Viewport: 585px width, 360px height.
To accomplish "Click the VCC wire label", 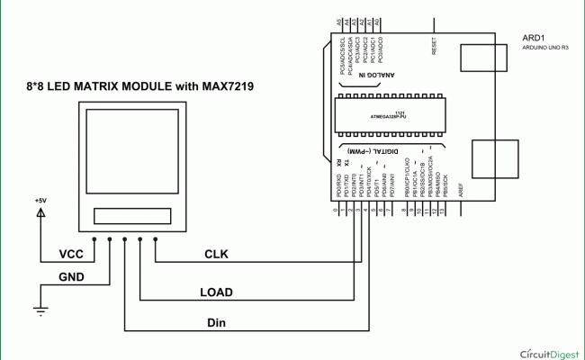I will click(x=72, y=255).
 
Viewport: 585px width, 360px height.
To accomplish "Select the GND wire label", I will click(x=72, y=276).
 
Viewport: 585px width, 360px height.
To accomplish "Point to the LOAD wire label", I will click(x=215, y=292).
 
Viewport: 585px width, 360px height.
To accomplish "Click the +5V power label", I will click(x=40, y=200).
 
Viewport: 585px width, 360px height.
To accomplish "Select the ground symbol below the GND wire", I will click(x=40, y=311).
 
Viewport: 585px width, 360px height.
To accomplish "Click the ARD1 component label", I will click(x=533, y=37).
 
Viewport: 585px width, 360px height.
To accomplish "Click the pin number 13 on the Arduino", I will click(x=442, y=210).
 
